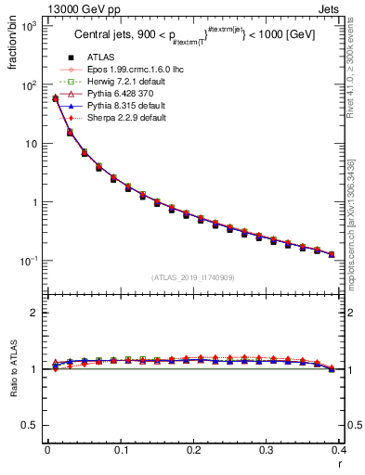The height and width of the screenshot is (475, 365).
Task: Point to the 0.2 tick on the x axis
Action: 193,452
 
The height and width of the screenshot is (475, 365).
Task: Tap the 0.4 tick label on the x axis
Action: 339,452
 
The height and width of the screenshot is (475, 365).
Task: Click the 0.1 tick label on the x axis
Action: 120,452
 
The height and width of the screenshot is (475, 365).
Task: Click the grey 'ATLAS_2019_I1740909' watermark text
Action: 193,278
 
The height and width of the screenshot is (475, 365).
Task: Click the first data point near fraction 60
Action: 55,98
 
